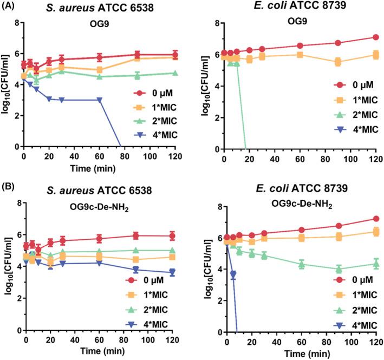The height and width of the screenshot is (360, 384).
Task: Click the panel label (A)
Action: (x=9, y=7)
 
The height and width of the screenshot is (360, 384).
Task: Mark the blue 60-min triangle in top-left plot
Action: (x=99, y=100)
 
